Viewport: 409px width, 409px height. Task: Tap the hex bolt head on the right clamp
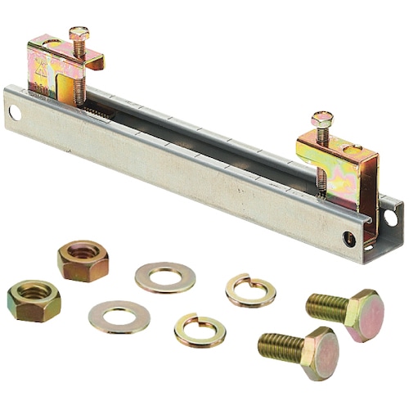(x=320, y=119)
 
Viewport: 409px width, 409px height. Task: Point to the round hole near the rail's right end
(x=350, y=238)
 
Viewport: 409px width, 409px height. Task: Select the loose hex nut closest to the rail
(x=83, y=260)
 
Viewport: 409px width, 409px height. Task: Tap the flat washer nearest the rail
(x=165, y=276)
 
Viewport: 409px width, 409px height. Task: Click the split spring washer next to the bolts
(x=250, y=290)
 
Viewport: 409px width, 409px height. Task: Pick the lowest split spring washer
(x=200, y=329)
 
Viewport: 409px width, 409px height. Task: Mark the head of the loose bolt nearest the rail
(x=362, y=313)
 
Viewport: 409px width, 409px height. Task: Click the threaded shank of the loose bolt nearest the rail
(x=325, y=306)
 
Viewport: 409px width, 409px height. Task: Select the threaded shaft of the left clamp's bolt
(x=79, y=70)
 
